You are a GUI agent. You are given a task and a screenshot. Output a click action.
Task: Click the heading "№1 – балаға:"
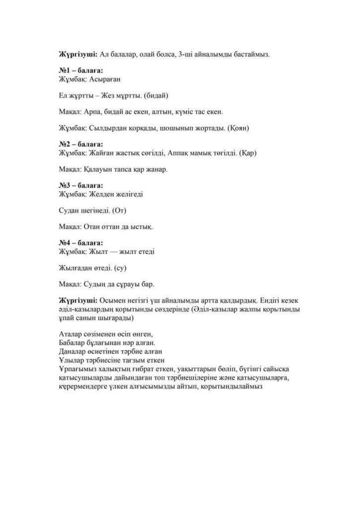[x=81, y=71]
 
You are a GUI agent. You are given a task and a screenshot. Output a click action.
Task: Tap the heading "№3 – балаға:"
[x=81, y=186]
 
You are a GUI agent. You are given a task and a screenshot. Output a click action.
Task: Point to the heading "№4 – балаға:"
[x=81, y=244]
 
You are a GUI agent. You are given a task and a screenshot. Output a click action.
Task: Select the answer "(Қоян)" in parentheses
[x=238, y=128]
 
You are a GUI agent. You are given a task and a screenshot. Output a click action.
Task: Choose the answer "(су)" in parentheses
[x=121, y=268]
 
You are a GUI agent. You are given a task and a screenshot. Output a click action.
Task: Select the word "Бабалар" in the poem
[x=73, y=342]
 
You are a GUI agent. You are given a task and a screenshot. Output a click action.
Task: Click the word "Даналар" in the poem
[x=73, y=351]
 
